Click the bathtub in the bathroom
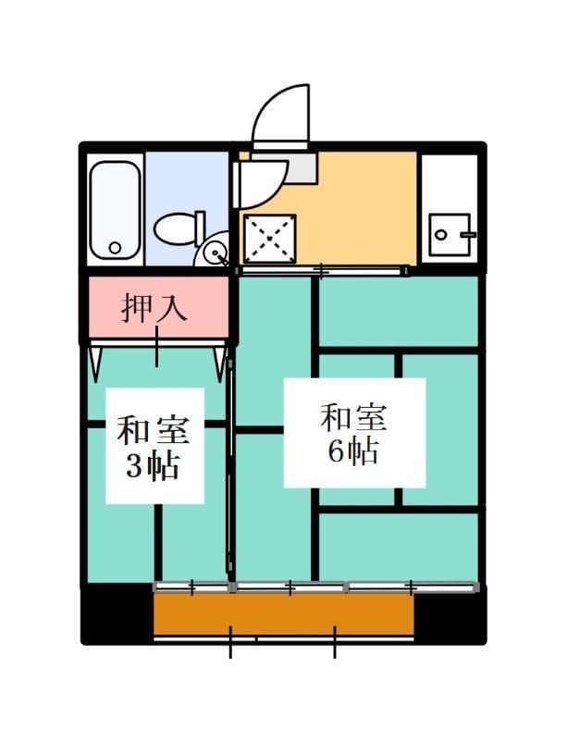click(x=116, y=210)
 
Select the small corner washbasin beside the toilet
click(x=215, y=251)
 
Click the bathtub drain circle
click(x=116, y=248)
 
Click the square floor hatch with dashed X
click(x=269, y=239)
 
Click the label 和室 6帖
click(x=353, y=433)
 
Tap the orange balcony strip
click(x=283, y=614)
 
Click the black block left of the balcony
click(x=117, y=612)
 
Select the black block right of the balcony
click(x=450, y=614)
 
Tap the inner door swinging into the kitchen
click(x=262, y=181)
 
